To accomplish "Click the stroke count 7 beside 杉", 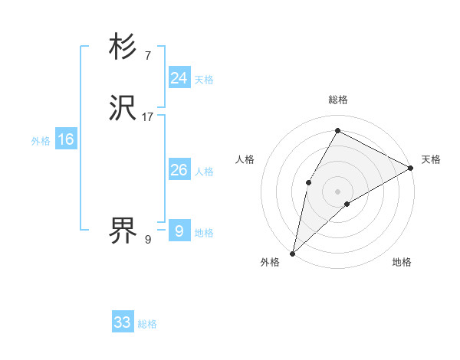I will point(147,56).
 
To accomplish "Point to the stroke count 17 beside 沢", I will point(148,117).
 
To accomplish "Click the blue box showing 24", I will point(179,78).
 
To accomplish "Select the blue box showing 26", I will point(179,170).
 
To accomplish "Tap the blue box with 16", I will point(65,139).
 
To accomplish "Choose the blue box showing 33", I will point(122,322).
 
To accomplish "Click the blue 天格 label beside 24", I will point(204,80).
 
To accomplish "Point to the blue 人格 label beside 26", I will point(204,172).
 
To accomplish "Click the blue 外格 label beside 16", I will point(41,141).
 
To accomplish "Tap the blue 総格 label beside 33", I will point(147,324).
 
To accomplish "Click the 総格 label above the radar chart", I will point(337,100).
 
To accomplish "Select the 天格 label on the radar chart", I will point(431,159).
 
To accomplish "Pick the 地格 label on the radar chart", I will point(402,262).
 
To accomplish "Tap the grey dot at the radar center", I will point(337,191).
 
